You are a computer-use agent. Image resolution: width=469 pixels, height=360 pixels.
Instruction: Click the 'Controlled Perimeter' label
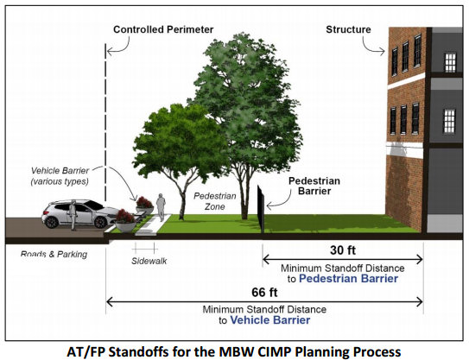point(163,29)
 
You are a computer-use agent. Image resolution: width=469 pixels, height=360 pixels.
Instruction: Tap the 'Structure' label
point(348,29)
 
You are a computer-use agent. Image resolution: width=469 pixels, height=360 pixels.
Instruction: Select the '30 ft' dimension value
point(343,250)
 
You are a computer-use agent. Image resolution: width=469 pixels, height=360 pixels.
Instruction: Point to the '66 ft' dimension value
point(264,292)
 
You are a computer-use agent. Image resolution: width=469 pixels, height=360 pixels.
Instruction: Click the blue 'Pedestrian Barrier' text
point(348,279)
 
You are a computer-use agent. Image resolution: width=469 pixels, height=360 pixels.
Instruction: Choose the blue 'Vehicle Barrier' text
point(270,320)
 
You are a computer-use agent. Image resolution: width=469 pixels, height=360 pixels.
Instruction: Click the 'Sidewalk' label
point(149,261)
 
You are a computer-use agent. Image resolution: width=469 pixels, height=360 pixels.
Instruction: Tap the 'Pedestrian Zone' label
point(215,201)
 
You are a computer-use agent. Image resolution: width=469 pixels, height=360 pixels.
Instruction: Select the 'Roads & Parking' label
point(54,254)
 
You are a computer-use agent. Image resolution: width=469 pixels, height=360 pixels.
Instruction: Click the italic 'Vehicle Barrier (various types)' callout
point(60,176)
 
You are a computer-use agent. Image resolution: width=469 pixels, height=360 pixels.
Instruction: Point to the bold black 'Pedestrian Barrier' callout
point(314,186)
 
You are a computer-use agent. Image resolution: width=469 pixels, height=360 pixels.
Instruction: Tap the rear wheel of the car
point(52,222)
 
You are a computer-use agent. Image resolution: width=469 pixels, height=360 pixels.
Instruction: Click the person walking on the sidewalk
point(161,207)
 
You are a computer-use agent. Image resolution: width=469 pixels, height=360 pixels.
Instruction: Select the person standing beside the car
point(73,215)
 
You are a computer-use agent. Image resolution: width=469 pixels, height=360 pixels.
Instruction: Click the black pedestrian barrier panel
point(261,209)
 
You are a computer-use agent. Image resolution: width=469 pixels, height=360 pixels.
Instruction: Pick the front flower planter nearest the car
point(125,221)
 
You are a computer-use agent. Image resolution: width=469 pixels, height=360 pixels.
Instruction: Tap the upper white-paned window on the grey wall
point(450,62)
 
